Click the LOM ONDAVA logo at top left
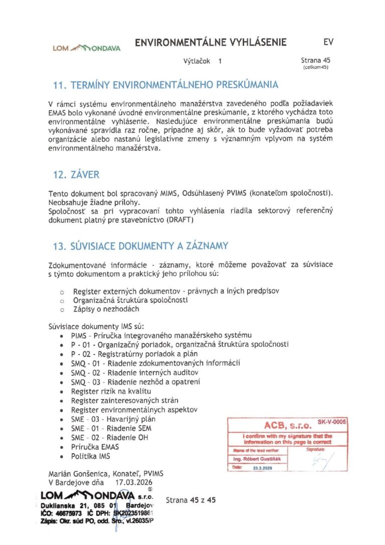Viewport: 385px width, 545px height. point(87,48)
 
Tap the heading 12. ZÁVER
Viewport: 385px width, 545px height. point(76,175)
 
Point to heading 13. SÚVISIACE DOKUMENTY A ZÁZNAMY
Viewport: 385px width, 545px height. point(140,246)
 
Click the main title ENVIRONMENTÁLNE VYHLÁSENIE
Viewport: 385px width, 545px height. point(211,43)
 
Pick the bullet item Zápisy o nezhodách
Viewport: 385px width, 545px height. point(106,309)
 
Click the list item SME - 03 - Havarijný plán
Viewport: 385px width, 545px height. point(113,419)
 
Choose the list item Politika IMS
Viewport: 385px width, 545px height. point(90,456)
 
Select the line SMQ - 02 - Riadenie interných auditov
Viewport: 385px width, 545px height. point(135,373)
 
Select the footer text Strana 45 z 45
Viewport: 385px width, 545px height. point(190,500)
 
